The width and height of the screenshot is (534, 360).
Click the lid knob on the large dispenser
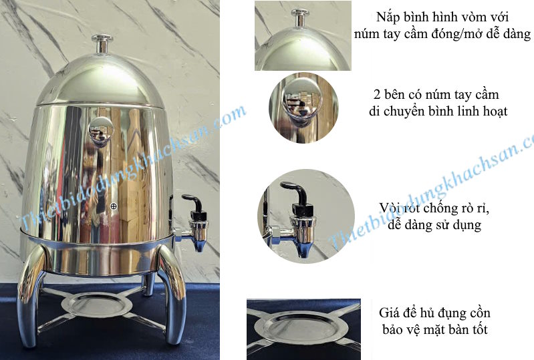pos(102,43)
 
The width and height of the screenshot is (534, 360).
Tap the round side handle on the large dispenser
pos(101,132)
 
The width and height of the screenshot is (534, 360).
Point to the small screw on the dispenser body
pos(114,206)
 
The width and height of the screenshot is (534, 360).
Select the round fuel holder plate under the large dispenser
pos(98,305)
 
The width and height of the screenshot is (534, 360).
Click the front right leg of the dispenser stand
pos(174,293)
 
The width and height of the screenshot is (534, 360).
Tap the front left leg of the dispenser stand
pos(30,293)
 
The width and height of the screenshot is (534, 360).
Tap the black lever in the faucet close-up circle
pos(296,195)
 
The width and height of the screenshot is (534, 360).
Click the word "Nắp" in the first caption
pos(388,17)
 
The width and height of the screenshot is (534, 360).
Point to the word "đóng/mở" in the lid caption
pos(456,33)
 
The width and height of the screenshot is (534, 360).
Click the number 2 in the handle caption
pos(377,95)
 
